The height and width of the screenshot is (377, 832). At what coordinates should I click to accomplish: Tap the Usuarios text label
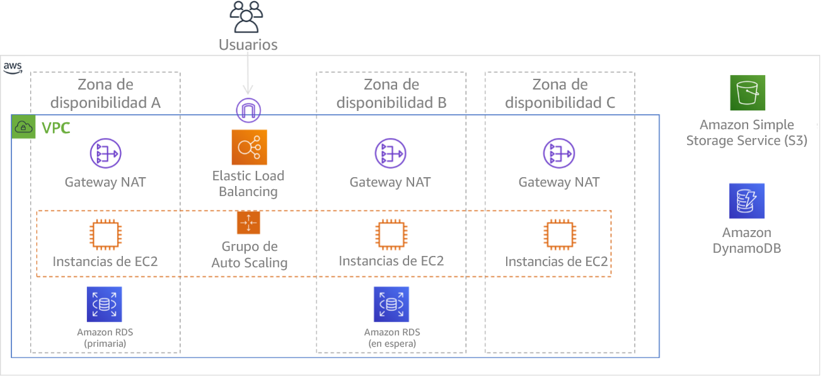coord(248,45)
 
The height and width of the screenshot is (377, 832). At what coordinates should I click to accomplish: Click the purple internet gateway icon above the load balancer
coord(248,110)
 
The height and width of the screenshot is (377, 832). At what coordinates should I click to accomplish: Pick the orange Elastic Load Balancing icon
coord(249,148)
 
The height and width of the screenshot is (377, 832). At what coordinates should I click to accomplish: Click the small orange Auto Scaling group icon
coord(248,223)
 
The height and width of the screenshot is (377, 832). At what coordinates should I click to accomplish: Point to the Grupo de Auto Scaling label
coord(249,255)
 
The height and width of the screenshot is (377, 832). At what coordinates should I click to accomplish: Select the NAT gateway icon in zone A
coord(105,153)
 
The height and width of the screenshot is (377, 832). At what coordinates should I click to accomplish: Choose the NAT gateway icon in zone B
coord(391,153)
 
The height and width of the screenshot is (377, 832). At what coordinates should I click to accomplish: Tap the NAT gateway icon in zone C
coord(559,153)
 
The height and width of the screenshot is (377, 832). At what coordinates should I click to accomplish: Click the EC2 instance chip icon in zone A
coord(104,235)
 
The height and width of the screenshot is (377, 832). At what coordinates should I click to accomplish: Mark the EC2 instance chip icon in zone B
coord(391,235)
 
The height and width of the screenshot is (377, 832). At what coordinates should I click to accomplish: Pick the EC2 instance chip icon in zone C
coord(559,235)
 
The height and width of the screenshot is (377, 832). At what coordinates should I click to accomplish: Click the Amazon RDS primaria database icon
coord(104,304)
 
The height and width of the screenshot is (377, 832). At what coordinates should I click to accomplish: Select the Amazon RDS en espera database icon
coord(391,304)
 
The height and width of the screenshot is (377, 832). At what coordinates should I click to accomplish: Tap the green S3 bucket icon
coord(748,93)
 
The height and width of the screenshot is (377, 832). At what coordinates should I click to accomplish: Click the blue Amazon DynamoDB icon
coord(747,201)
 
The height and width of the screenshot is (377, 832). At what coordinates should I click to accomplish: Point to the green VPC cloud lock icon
coord(23,128)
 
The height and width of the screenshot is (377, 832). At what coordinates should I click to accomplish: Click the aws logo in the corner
coord(13,67)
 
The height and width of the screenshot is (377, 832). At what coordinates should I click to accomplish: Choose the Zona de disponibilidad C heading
coord(560,93)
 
